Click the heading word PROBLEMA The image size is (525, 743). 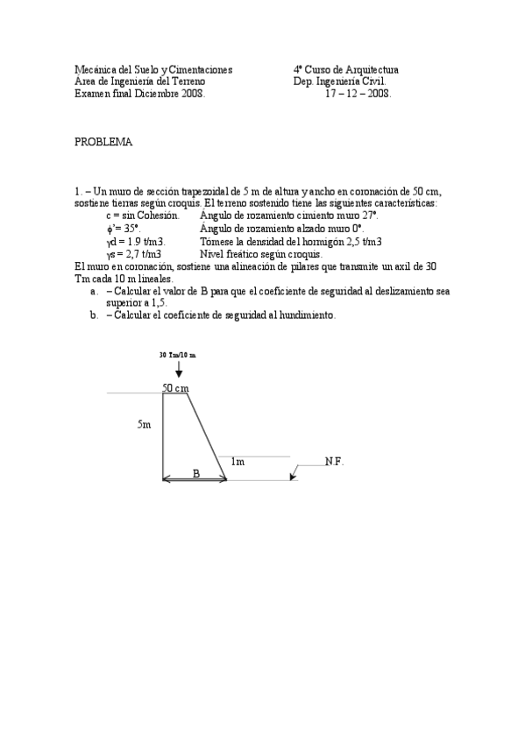coord(103,143)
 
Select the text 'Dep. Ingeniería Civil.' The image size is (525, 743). coord(339,81)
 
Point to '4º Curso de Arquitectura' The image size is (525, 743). coord(346,69)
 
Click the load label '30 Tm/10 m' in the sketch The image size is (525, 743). coord(178,355)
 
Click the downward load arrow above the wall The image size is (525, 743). coord(180,371)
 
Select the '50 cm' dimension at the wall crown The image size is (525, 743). coord(176,387)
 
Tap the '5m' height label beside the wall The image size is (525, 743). coord(144,424)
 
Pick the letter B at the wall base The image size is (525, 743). coord(196,473)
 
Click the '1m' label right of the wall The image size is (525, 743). coord(238,461)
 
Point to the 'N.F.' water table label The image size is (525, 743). coord(334,461)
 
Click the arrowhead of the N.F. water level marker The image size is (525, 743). coord(293,477)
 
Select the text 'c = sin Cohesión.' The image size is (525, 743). coord(142,215)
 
